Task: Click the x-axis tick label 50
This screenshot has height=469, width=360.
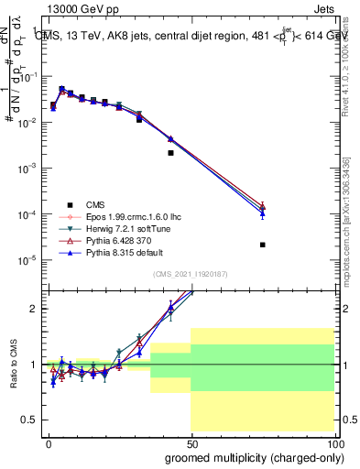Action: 191,442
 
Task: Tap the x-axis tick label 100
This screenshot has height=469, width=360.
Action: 335,442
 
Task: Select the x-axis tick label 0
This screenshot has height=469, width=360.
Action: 47,442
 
